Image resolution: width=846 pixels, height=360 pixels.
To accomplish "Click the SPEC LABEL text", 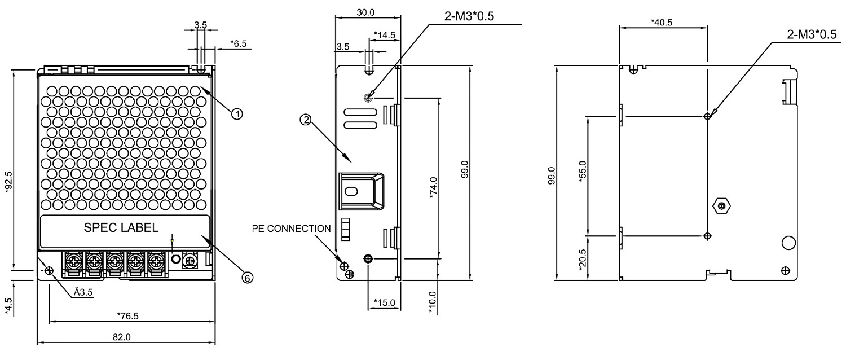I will [x=121, y=229].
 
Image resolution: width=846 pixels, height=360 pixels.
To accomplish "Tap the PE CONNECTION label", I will [x=292, y=229].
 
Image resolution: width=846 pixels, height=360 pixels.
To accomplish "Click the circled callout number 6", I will [x=247, y=277].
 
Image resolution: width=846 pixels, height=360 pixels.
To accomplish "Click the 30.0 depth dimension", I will [x=368, y=11].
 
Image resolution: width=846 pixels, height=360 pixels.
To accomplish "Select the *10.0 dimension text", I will [x=433, y=304].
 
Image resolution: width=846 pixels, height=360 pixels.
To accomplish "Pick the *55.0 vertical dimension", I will [x=583, y=171].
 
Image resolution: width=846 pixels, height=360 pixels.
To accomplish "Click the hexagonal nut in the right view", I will [x=720, y=205].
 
